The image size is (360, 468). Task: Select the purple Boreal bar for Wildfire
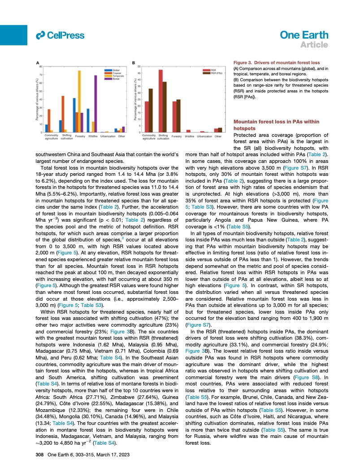95,104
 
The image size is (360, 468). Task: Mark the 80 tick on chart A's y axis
40,67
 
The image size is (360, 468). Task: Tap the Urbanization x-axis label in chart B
204,136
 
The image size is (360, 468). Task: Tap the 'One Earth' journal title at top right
305,35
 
